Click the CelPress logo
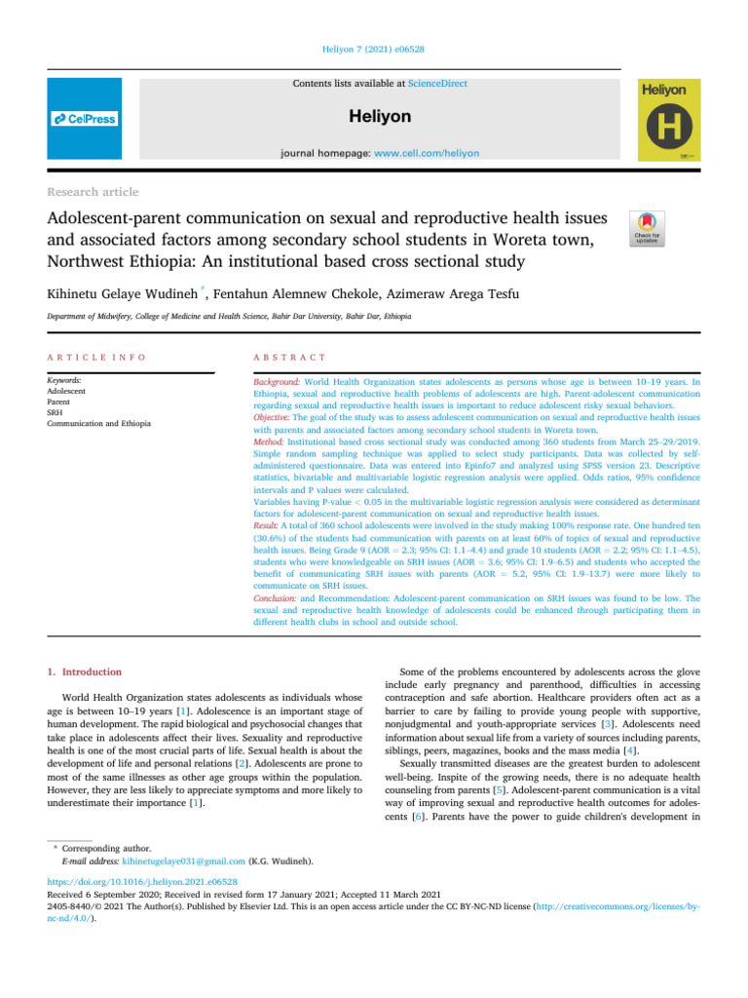85,119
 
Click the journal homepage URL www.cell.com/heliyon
403,152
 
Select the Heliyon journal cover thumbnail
667,119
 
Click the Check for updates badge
649,229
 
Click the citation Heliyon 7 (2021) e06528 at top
373,50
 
